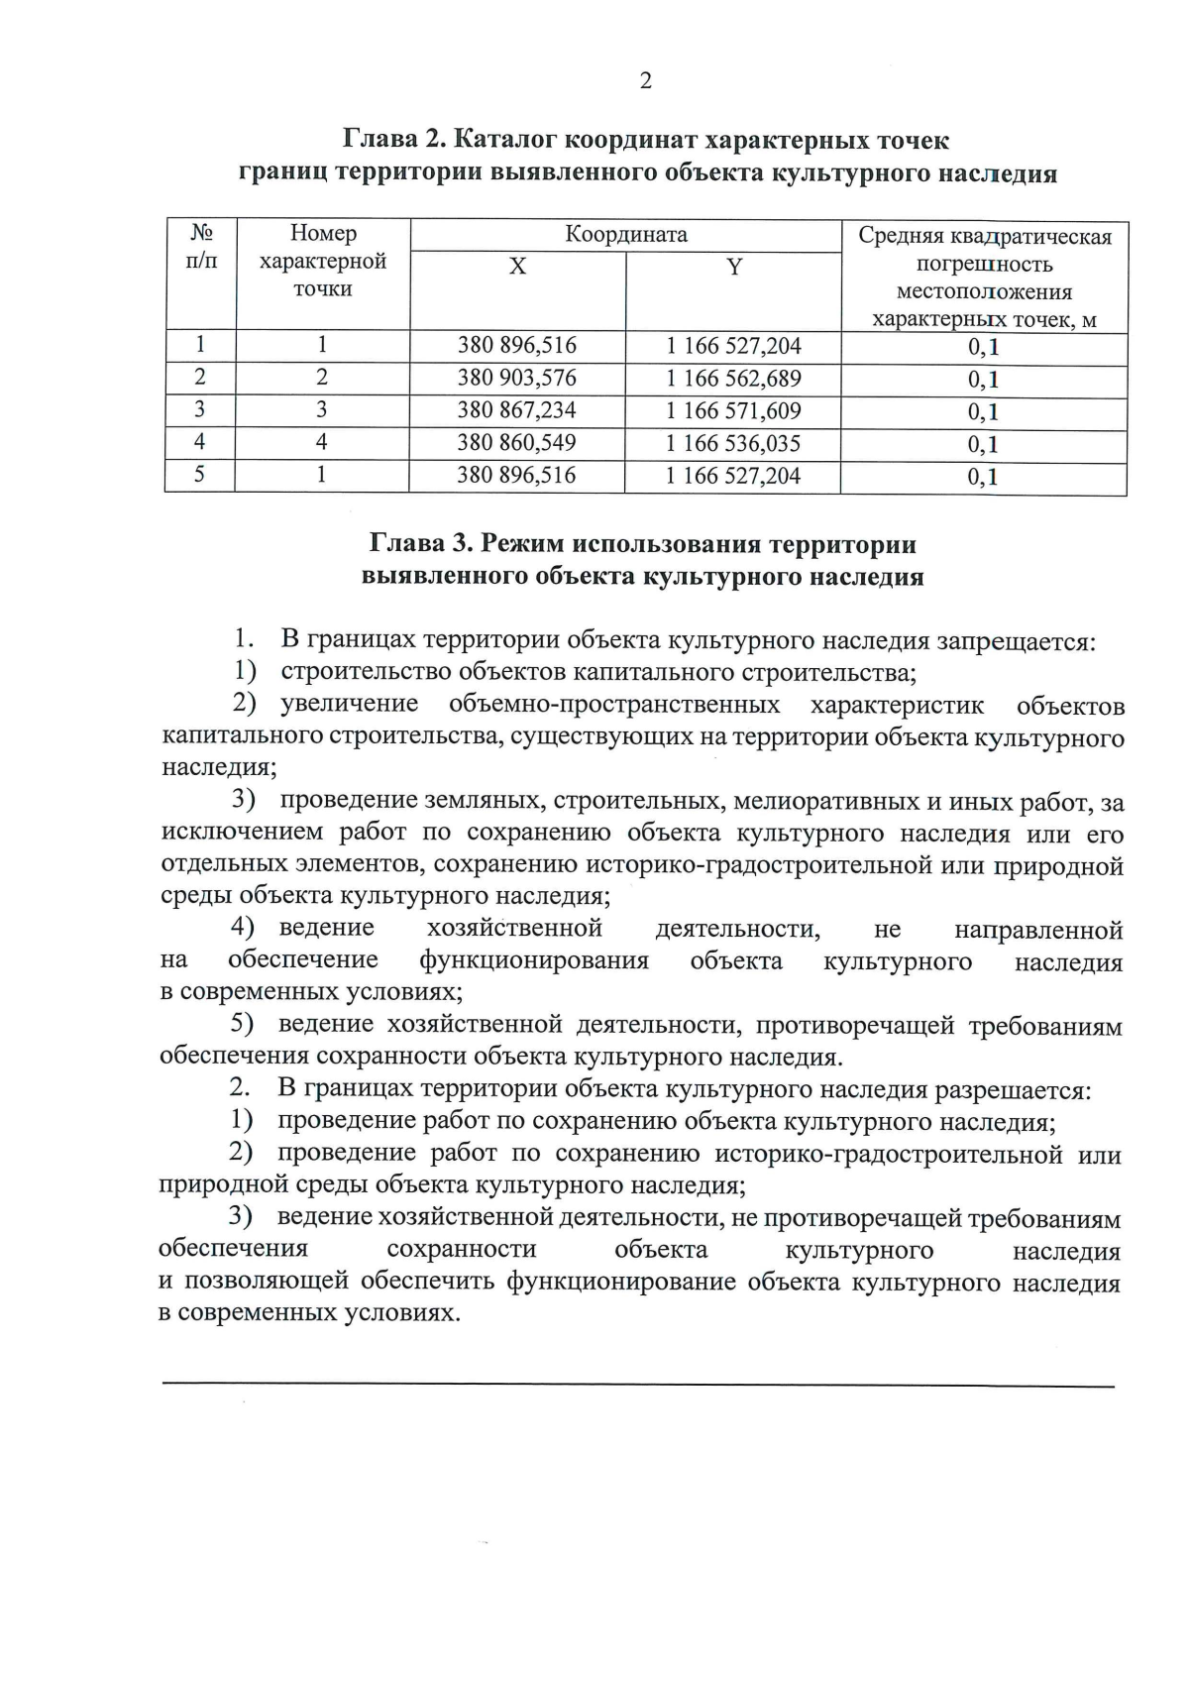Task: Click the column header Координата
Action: (x=625, y=235)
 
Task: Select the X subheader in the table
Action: (x=517, y=267)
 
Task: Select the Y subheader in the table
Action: (x=734, y=267)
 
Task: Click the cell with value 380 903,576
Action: (x=516, y=378)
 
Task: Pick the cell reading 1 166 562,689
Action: (x=733, y=379)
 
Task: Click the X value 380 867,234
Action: (x=516, y=410)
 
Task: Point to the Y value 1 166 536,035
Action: (x=733, y=443)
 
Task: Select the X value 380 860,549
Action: (x=516, y=442)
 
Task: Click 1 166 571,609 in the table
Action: (x=733, y=411)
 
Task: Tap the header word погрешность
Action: (x=983, y=265)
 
